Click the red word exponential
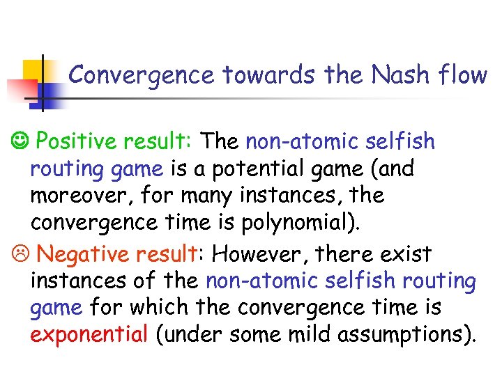coord(89,335)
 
